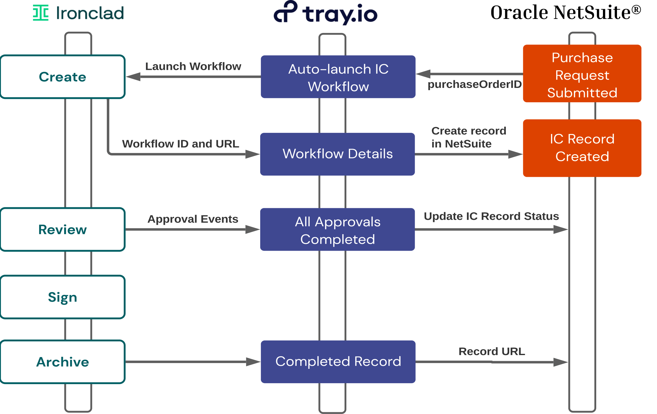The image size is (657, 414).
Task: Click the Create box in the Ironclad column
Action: point(63,77)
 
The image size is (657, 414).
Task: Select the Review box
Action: point(63,230)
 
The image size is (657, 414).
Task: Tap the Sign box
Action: point(63,297)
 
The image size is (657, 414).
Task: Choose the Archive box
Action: point(63,362)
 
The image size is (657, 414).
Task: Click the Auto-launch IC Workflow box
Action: point(338,77)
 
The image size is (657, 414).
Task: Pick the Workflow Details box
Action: point(338,154)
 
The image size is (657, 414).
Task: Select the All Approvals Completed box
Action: point(338,230)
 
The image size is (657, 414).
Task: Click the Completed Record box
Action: point(338,362)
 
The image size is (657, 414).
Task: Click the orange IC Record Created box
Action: point(582,148)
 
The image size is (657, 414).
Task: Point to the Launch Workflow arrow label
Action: point(193,66)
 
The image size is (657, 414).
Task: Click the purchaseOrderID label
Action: point(474,84)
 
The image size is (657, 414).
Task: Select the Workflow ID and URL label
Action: point(181,144)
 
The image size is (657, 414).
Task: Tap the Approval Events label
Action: point(193,219)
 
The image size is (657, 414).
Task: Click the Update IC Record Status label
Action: point(491,216)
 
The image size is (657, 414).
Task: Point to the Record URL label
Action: point(491,351)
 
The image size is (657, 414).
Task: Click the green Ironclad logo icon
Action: point(41,13)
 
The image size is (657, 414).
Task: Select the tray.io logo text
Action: point(340,14)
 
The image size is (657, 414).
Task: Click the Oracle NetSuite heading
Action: point(565,13)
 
